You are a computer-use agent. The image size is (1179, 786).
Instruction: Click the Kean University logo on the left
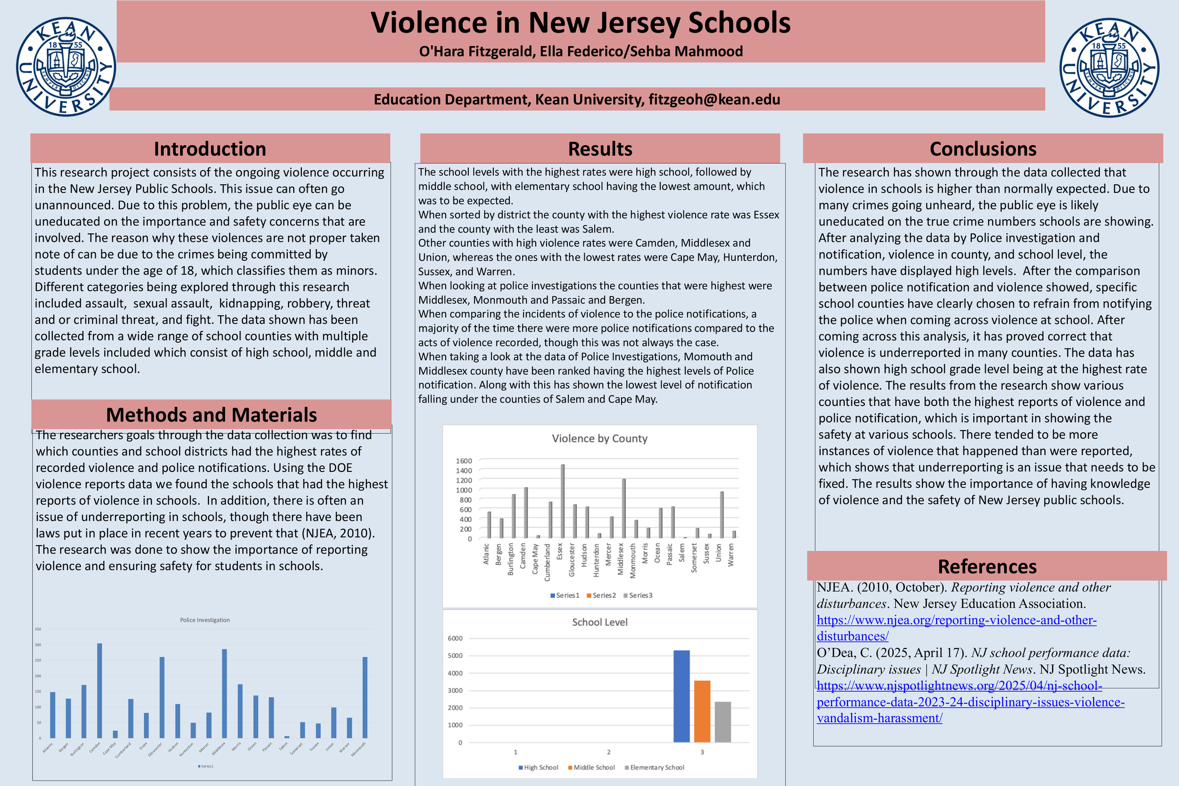pyautogui.click(x=66, y=66)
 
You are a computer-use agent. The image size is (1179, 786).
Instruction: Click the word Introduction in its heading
pyautogui.click(x=209, y=149)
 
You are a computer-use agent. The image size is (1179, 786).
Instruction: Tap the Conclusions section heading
pyautogui.click(x=982, y=149)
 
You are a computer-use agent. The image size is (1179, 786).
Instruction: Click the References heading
pyautogui.click(x=987, y=566)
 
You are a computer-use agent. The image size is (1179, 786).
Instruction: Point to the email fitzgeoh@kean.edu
pyautogui.click(x=714, y=99)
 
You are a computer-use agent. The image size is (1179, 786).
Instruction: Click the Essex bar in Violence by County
pyautogui.click(x=563, y=501)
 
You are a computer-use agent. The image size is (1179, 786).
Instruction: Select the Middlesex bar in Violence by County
pyautogui.click(x=623, y=508)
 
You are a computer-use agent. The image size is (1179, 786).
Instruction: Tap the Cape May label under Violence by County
pyautogui.click(x=535, y=558)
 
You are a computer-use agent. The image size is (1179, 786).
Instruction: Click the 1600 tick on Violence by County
pyautogui.click(x=464, y=461)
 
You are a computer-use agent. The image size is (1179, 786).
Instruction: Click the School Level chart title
pyautogui.click(x=599, y=622)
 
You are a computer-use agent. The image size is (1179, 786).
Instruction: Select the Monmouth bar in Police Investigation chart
pyautogui.click(x=365, y=697)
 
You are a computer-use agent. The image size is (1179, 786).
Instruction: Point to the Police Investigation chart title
pyautogui.click(x=205, y=620)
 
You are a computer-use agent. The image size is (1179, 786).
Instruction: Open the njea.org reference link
pyautogui.click(x=956, y=620)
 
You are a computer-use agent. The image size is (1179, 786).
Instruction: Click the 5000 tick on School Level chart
pyautogui.click(x=455, y=656)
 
